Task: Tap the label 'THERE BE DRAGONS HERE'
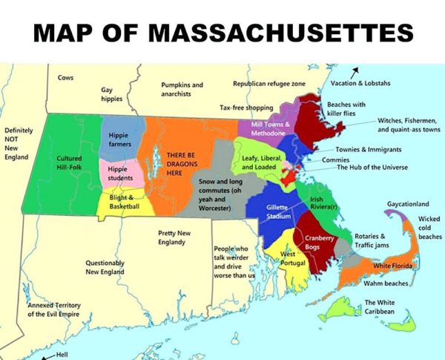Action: click(185, 153)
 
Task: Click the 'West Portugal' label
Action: click(293, 259)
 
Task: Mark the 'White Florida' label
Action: click(392, 265)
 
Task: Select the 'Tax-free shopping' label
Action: click(246, 108)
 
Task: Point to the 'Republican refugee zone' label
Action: click(268, 85)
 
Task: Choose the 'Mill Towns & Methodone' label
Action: click(270, 128)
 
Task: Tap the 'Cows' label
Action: click(65, 78)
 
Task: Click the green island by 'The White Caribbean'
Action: click(343, 306)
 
